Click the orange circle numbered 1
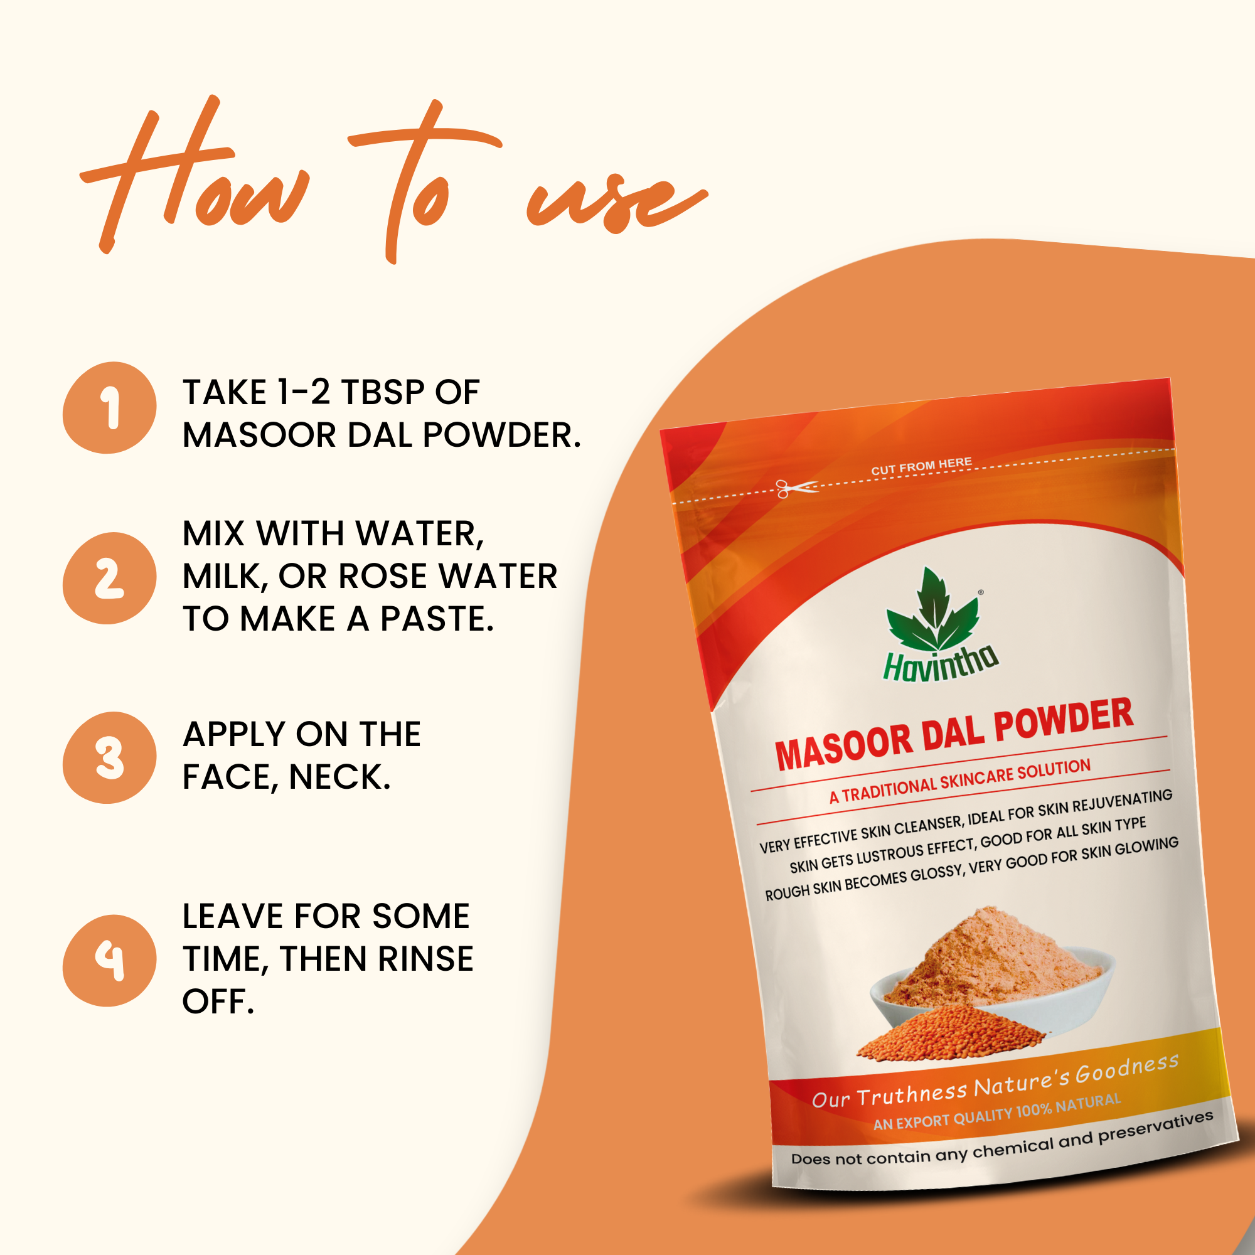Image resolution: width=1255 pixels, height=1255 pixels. [109, 407]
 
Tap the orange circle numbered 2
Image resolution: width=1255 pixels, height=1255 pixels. [109, 578]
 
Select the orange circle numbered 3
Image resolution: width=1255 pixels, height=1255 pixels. [109, 757]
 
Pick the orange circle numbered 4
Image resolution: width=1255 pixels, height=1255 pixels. [109, 961]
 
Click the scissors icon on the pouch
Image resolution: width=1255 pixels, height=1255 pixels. [796, 488]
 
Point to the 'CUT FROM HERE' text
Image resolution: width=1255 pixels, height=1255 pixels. [921, 466]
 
